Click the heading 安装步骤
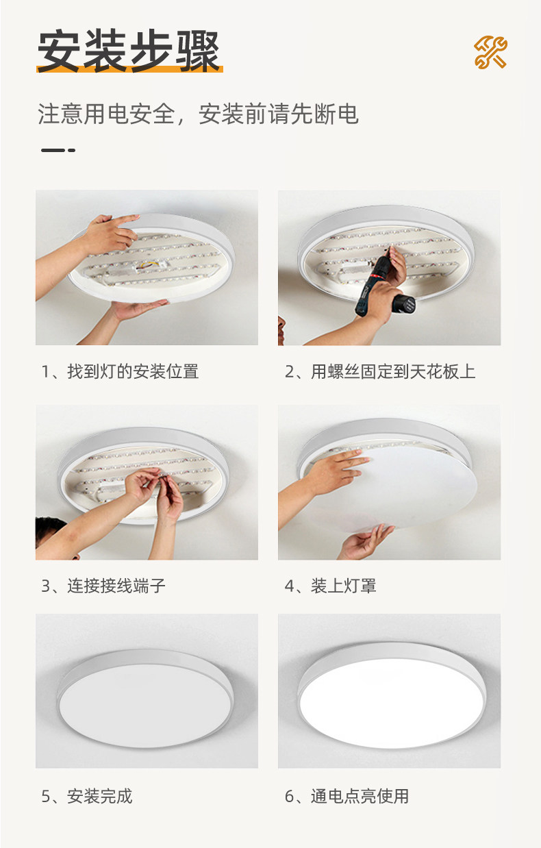point(129,51)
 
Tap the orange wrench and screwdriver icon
point(490,52)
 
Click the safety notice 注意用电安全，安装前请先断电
point(198,114)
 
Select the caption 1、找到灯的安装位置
point(120,371)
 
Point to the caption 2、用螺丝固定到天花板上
point(379,371)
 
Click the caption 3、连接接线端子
point(103,586)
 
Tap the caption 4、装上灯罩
point(330,586)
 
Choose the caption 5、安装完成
point(87,796)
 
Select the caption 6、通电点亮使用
point(347,796)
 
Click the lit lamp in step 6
point(392,695)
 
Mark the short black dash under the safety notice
point(58,150)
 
